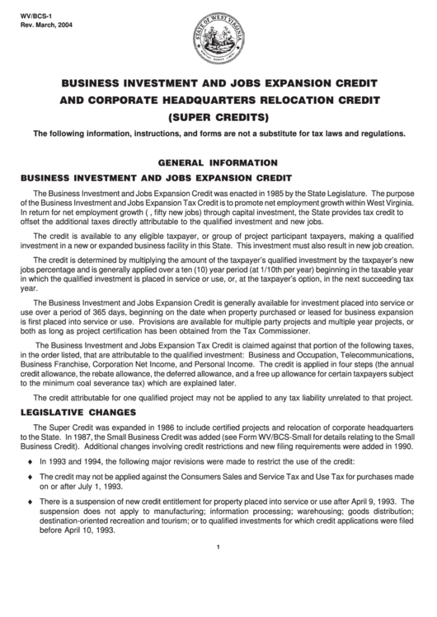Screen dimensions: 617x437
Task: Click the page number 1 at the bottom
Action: coord(218,572)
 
